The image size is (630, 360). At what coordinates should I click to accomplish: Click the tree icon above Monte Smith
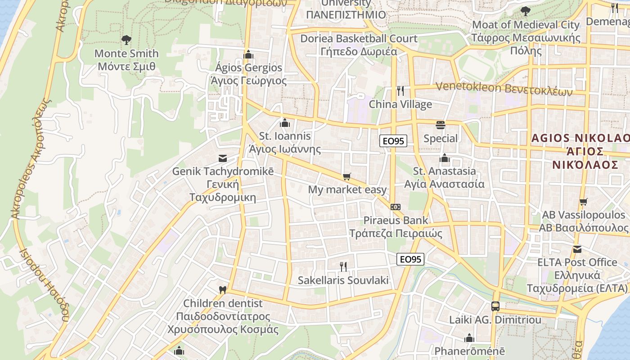click(x=126, y=40)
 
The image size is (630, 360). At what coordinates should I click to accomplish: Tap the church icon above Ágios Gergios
click(x=248, y=54)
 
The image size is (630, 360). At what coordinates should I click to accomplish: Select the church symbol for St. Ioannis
click(x=284, y=122)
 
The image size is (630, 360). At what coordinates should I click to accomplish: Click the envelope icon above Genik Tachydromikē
click(x=222, y=158)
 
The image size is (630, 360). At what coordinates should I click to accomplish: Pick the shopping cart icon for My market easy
click(x=346, y=176)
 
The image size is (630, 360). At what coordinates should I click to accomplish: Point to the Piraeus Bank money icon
click(x=396, y=207)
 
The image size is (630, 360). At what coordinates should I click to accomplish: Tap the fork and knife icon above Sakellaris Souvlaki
click(x=343, y=266)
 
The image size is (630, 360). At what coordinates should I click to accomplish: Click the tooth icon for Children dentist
click(x=222, y=290)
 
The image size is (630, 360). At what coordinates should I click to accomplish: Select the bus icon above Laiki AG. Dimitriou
click(x=495, y=306)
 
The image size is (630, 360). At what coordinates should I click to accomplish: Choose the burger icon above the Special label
click(x=440, y=125)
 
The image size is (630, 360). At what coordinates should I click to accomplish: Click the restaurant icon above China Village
click(x=400, y=91)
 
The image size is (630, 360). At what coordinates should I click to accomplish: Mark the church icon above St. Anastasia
click(x=445, y=157)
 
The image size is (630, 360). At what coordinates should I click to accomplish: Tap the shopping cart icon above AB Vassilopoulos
click(x=583, y=202)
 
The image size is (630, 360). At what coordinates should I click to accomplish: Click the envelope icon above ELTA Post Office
click(x=577, y=249)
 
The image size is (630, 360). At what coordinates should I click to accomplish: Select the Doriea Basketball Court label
click(x=359, y=45)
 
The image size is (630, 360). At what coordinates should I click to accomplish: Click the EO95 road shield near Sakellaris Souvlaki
click(x=410, y=259)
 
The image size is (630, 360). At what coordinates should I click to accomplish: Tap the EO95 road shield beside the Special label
click(x=393, y=141)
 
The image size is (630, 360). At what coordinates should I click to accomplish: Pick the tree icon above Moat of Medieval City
click(x=525, y=11)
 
